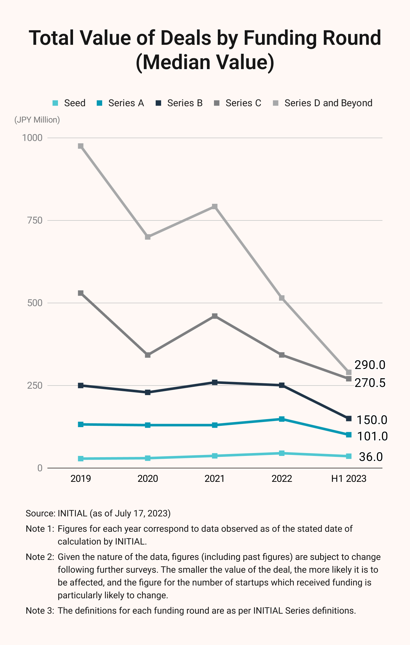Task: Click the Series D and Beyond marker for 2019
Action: [81, 146]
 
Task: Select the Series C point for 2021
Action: [215, 316]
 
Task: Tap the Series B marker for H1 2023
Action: [349, 418]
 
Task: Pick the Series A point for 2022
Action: [282, 419]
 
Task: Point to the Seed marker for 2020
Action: [148, 458]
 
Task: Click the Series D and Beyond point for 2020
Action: [148, 237]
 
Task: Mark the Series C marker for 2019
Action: [81, 293]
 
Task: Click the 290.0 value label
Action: [370, 365]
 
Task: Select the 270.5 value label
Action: [370, 383]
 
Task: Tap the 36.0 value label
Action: [371, 457]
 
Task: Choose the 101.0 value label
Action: [372, 436]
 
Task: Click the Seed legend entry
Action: [69, 103]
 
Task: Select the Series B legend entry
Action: [179, 103]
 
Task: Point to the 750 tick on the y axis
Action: [35, 220]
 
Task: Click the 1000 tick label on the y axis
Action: [32, 138]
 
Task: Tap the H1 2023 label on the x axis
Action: [349, 479]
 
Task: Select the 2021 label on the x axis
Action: [215, 479]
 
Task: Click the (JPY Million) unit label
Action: [37, 120]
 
